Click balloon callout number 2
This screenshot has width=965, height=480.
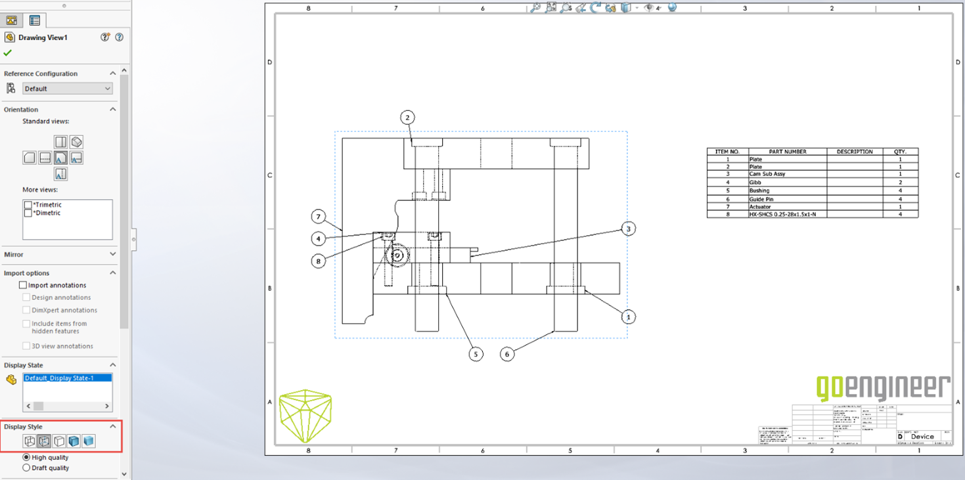pos(407,118)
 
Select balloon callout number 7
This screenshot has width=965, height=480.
pos(319,217)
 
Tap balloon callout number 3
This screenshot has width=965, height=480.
pos(629,229)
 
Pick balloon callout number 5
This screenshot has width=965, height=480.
pos(476,354)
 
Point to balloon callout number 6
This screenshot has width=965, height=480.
pos(506,354)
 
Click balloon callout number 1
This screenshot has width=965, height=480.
pos(629,316)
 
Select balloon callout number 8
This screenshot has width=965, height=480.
pos(319,261)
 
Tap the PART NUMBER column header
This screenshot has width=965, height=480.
pos(787,152)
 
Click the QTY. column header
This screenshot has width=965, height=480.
pos(900,152)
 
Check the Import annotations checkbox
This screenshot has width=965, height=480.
pos(23,285)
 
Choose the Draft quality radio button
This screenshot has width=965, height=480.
pos(26,468)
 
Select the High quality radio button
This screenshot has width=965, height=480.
pos(26,458)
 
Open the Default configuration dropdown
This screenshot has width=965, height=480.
pos(68,89)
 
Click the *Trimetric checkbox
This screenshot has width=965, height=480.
pos(28,205)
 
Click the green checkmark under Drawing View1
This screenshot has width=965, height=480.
pos(8,53)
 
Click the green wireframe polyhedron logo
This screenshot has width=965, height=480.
pos(305,415)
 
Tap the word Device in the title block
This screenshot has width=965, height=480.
pos(922,437)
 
